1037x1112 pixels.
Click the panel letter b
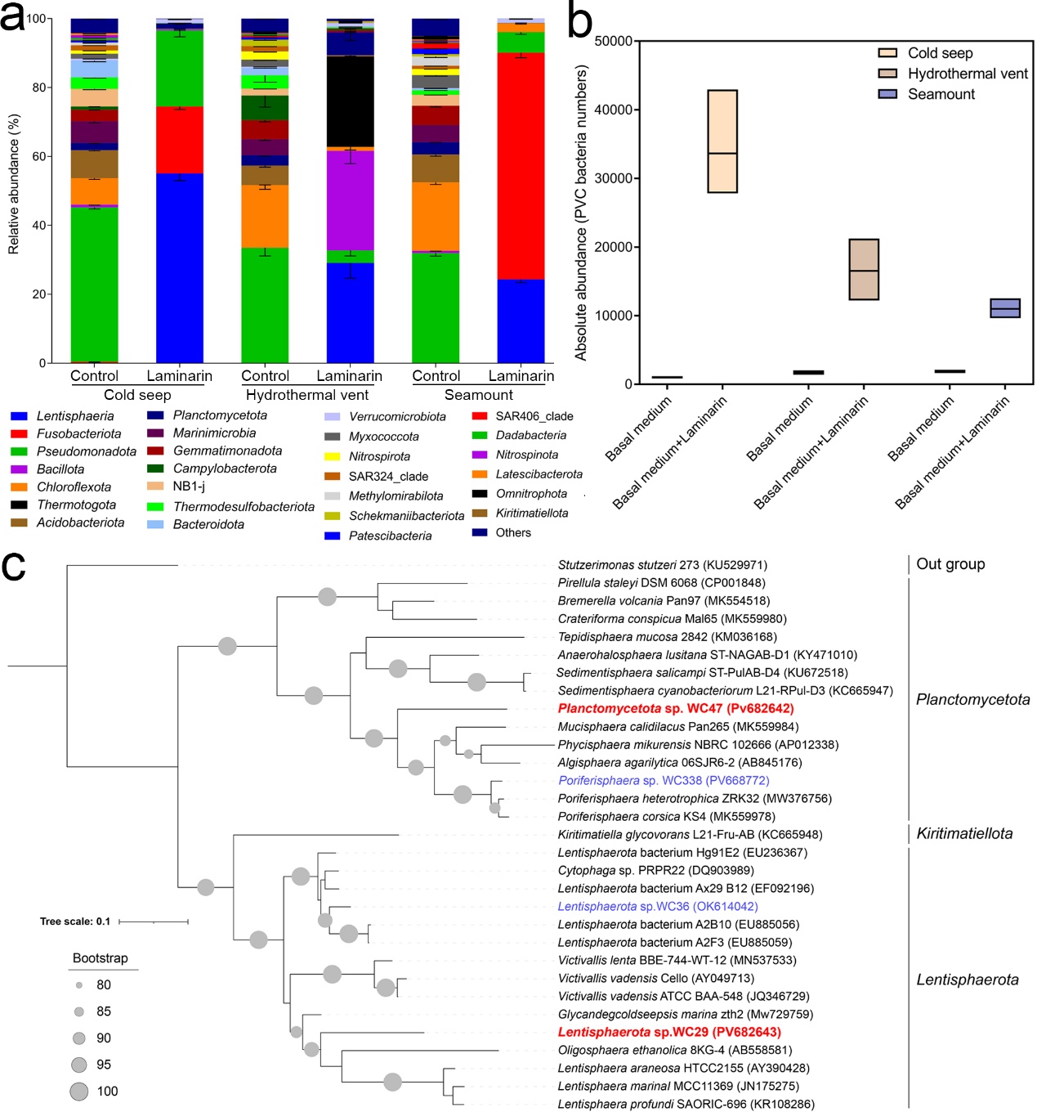[579, 21]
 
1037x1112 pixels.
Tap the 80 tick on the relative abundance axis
[38, 87]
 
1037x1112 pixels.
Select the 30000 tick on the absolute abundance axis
[612, 178]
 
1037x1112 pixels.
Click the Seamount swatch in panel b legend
[887, 94]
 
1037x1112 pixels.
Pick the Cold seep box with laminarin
[722, 141]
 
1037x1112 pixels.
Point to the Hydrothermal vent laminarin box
[863, 269]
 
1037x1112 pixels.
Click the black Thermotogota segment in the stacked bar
[350, 101]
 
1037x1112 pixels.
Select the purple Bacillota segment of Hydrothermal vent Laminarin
[350, 200]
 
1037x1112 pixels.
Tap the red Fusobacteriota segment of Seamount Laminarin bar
[521, 166]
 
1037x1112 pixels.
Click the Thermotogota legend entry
[63, 504]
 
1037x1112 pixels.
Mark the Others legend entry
[502, 532]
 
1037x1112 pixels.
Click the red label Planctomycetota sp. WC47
[676, 708]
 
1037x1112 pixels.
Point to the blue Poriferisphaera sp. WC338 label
[664, 780]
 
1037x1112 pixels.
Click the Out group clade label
[950, 564]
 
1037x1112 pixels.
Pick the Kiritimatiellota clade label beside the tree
[963, 833]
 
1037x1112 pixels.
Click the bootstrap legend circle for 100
[79, 1091]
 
